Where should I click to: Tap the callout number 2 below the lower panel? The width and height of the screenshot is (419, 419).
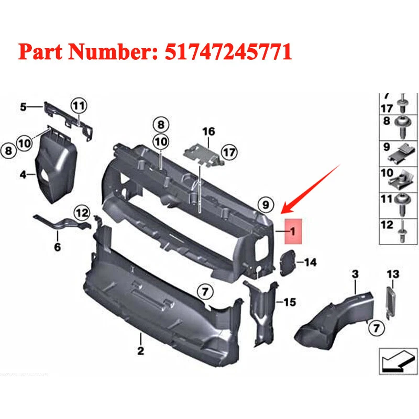(x=140, y=351)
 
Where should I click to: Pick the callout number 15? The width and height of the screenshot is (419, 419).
(x=290, y=302)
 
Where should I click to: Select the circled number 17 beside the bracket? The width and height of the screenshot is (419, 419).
(x=228, y=153)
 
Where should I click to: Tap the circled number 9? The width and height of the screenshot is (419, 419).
(x=266, y=204)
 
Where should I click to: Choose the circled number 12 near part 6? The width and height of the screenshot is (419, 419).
(x=82, y=213)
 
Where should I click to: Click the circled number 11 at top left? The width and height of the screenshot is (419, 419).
(x=78, y=106)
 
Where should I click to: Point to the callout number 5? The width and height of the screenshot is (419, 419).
(x=23, y=107)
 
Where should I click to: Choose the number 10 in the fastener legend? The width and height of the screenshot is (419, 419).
(x=387, y=172)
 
